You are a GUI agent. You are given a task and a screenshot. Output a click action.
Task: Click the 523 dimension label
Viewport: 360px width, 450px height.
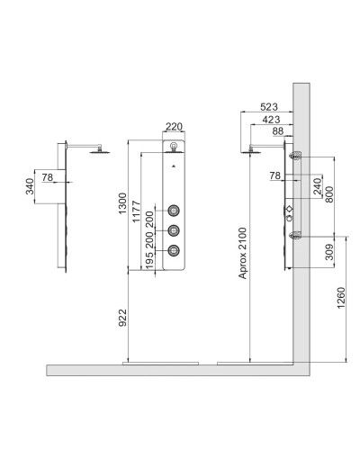(269, 107)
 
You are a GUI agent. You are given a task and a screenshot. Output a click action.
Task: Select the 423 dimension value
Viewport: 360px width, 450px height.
(271, 120)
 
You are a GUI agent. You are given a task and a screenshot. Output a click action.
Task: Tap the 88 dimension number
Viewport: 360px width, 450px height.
(278, 131)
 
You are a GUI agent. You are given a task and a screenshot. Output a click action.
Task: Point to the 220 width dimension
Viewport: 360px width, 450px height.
(174, 127)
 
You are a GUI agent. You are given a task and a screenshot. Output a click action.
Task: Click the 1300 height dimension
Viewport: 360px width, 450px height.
(122, 203)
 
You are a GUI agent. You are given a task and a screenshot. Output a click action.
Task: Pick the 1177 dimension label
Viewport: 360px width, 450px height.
(136, 211)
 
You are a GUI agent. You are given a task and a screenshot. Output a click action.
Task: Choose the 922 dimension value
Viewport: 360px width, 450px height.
(122, 318)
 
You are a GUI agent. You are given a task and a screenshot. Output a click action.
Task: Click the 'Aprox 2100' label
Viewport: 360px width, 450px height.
(242, 253)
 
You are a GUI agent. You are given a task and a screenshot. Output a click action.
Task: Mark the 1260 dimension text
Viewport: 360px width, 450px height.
(341, 298)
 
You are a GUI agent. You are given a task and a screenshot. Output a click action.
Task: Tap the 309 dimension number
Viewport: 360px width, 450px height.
(329, 252)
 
